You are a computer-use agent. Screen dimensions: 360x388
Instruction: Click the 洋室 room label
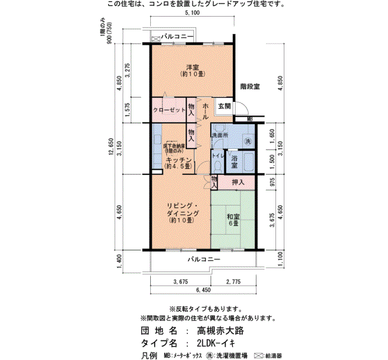pyautogui.click(x=192, y=66)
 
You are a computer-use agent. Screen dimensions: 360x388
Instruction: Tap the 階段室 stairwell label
pyautogui.click(x=251, y=86)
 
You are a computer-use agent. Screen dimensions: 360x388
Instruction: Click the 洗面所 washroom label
pyautogui.click(x=220, y=136)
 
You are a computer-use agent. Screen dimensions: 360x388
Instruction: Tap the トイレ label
pyautogui.click(x=217, y=157)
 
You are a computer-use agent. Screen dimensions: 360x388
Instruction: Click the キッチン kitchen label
pyautogui.click(x=179, y=161)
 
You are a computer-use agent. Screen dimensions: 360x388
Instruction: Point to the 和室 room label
pyautogui.click(x=233, y=217)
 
